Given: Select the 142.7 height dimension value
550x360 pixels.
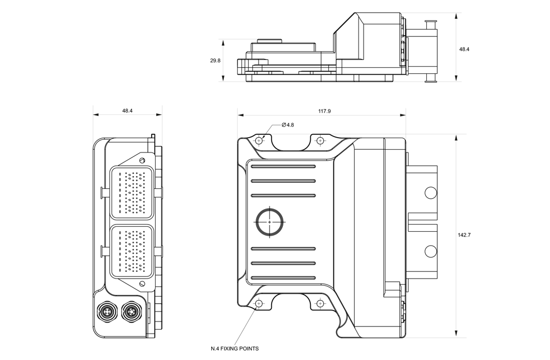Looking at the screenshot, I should (x=464, y=235).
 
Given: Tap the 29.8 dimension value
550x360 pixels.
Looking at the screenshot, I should (x=215, y=61).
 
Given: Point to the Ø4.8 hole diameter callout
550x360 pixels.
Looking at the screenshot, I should (x=288, y=125).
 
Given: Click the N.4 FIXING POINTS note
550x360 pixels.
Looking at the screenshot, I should (x=235, y=348).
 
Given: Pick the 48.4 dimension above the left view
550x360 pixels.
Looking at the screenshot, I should (x=127, y=111).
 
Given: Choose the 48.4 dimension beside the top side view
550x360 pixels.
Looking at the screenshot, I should (x=464, y=49).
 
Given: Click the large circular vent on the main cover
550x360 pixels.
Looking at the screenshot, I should (x=270, y=221).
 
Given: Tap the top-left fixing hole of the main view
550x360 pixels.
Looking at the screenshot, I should (x=259, y=140).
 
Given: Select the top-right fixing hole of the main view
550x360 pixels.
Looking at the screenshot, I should (x=320, y=140).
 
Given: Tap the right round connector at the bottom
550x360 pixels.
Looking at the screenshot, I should (x=131, y=312).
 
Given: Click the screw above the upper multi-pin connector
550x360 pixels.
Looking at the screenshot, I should (x=142, y=160).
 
